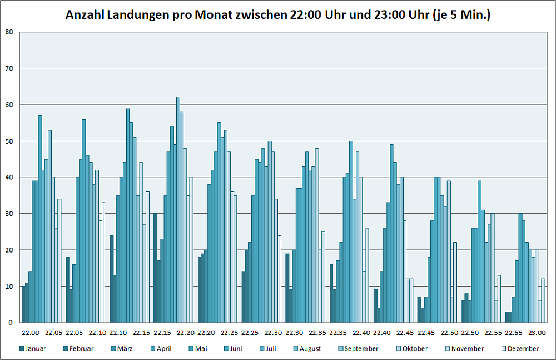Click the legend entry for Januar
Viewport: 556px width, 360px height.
click(34, 349)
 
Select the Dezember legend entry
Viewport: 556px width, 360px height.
click(523, 349)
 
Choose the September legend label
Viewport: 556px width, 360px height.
click(361, 349)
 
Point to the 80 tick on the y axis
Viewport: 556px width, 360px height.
click(9, 32)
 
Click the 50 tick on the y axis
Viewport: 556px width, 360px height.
click(9, 141)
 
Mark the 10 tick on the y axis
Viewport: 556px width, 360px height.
click(9, 287)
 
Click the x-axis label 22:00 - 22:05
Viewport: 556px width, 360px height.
click(42, 333)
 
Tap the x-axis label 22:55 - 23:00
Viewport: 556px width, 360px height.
click(526, 333)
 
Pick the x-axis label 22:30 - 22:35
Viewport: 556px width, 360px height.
click(306, 333)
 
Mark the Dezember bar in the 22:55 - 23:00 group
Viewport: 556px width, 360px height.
click(543, 301)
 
